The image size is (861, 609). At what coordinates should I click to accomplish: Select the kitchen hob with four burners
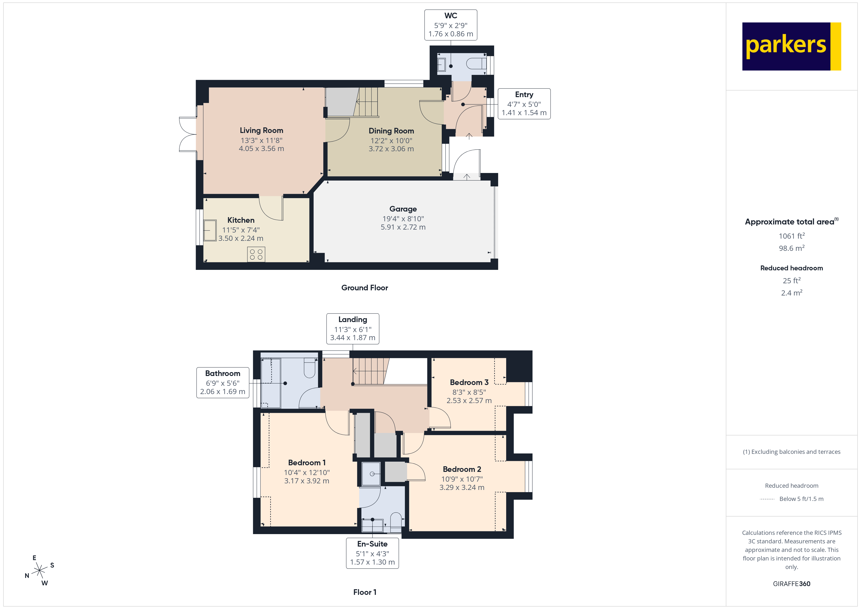tap(256, 254)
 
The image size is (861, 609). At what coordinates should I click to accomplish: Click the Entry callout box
tap(524, 104)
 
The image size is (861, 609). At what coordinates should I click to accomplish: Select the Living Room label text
tap(261, 131)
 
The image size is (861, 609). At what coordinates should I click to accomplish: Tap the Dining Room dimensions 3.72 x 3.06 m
tap(391, 149)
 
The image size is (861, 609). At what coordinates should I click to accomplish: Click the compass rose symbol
tap(39, 571)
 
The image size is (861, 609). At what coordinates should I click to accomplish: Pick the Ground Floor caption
tap(365, 288)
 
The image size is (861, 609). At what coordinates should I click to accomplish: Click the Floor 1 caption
tap(365, 592)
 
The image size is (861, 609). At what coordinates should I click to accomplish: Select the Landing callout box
tap(352, 328)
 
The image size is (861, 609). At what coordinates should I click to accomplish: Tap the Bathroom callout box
tap(223, 383)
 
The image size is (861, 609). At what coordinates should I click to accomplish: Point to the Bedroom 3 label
tap(469, 383)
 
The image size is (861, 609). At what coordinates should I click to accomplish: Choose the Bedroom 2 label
tap(462, 469)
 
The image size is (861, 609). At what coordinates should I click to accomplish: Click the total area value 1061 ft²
tap(791, 236)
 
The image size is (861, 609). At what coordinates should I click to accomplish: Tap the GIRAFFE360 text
tap(791, 584)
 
